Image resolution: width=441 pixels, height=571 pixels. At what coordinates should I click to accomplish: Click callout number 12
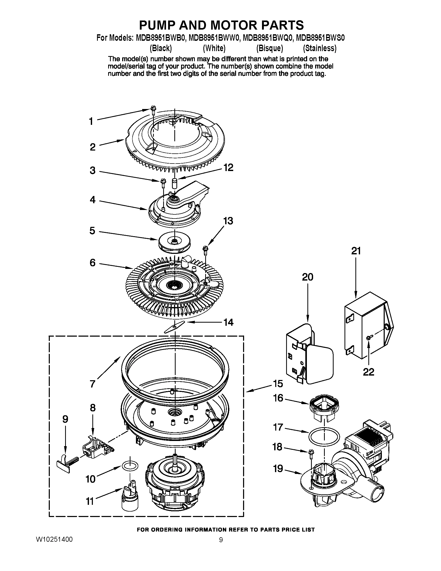point(228,168)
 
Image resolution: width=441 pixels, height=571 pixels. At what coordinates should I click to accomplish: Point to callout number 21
point(356,251)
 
